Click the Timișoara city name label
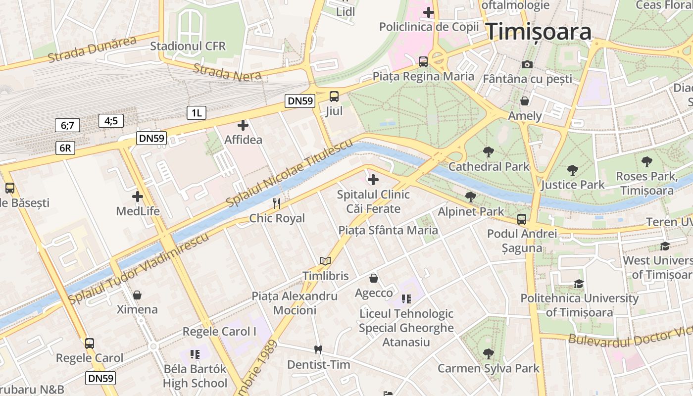(539, 32)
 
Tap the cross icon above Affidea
(243, 125)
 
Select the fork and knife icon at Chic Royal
(277, 203)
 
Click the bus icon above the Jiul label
(334, 96)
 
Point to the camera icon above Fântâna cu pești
(527, 64)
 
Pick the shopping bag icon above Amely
(525, 101)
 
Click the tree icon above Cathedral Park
(489, 152)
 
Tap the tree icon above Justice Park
(573, 170)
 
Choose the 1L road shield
(197, 113)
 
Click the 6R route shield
(65, 148)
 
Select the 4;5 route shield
(111, 120)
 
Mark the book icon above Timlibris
(325, 261)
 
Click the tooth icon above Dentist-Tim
(318, 349)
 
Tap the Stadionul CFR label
(188, 46)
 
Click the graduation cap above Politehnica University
(579, 284)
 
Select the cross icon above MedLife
(138, 197)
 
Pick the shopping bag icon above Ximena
(137, 295)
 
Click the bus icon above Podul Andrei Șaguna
(522, 219)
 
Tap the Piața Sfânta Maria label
(388, 230)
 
